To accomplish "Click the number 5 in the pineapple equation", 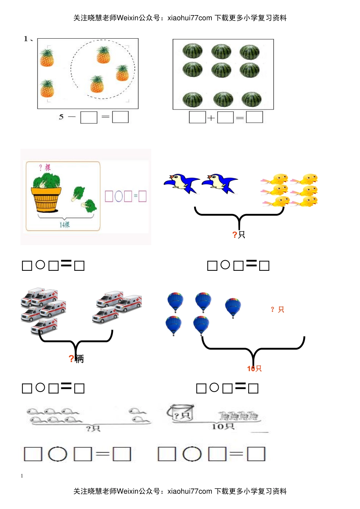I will [61, 117].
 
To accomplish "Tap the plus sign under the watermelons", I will [211, 118].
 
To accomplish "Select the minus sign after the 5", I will [72, 117].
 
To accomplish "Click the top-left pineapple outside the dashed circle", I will [47, 58].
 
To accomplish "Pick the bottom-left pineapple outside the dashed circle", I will [47, 89].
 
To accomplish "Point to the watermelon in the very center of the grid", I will [221, 70].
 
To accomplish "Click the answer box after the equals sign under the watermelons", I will [254, 117].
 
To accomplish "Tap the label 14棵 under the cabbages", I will [65, 225].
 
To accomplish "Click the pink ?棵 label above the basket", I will [45, 167].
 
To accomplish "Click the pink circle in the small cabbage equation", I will [119, 196].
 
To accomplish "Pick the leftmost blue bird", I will [181, 183].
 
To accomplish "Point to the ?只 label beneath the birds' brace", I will [239, 235].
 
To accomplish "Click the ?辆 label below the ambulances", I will [76, 358].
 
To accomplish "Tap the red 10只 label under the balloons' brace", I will [254, 368].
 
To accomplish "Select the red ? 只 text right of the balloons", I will [277, 310].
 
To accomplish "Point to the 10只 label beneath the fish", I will [223, 427].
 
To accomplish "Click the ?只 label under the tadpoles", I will [93, 428].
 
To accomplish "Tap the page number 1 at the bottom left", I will [22, 476].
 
